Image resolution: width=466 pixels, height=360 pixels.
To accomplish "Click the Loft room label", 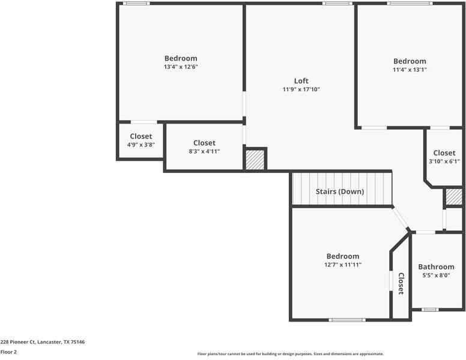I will point(301,81).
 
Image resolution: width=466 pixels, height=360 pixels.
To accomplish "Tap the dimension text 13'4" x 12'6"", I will point(181,67).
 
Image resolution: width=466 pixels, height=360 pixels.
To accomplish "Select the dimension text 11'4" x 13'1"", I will point(410,70).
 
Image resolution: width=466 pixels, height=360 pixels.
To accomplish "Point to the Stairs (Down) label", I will point(340,192).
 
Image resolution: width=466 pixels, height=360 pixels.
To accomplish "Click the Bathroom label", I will point(436,267).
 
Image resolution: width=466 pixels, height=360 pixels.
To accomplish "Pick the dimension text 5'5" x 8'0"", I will point(436,276).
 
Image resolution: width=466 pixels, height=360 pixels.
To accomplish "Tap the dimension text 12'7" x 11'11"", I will point(343,265).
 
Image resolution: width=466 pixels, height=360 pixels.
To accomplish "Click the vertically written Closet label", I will point(401,284).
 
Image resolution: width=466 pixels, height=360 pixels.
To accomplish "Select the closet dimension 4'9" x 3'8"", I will point(141,145).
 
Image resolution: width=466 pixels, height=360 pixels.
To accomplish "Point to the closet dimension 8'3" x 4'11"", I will point(204,151).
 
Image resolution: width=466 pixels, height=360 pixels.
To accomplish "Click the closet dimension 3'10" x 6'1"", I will point(444,161).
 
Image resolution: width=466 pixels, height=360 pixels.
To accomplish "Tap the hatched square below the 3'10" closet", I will point(453,197).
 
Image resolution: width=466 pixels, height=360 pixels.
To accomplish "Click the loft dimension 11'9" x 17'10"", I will point(301,89).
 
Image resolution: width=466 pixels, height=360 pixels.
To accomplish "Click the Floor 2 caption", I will point(8,352).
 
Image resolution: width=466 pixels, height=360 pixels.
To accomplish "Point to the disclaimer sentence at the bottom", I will point(290,354).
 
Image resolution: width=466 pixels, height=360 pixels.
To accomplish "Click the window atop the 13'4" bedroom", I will point(136,4).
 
